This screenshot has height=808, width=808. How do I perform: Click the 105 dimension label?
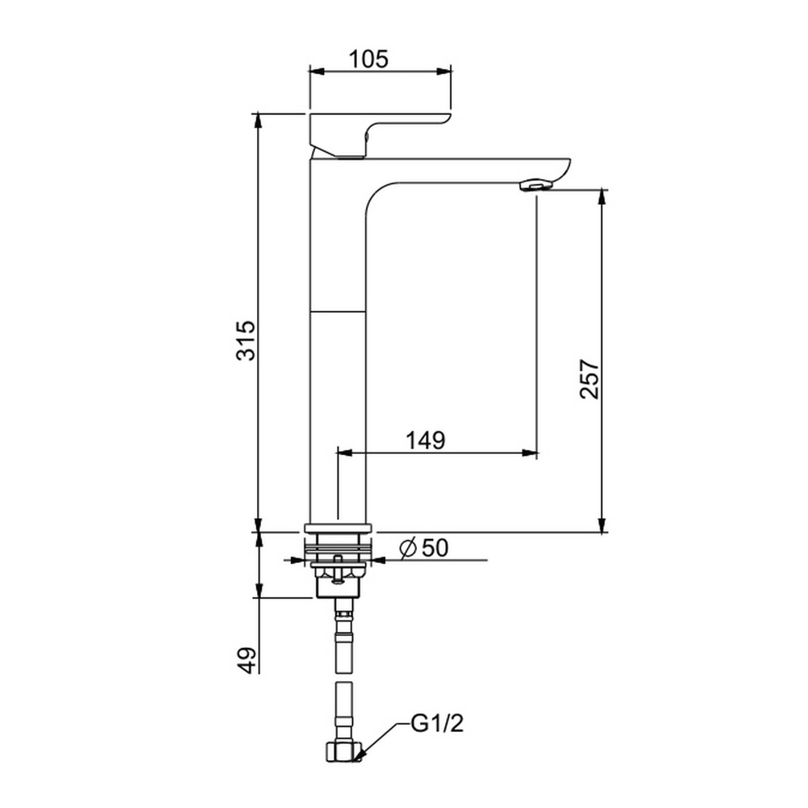click(x=368, y=59)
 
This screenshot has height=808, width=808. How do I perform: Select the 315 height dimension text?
click(x=246, y=341)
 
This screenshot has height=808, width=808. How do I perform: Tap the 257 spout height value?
click(x=590, y=379)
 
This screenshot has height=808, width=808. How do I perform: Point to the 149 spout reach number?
click(x=425, y=440)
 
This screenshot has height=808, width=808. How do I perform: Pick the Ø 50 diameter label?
click(x=424, y=549)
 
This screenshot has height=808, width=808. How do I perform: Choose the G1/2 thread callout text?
click(x=437, y=723)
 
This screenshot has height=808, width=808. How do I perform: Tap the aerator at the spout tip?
click(x=536, y=185)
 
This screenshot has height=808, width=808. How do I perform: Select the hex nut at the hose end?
click(x=344, y=751)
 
